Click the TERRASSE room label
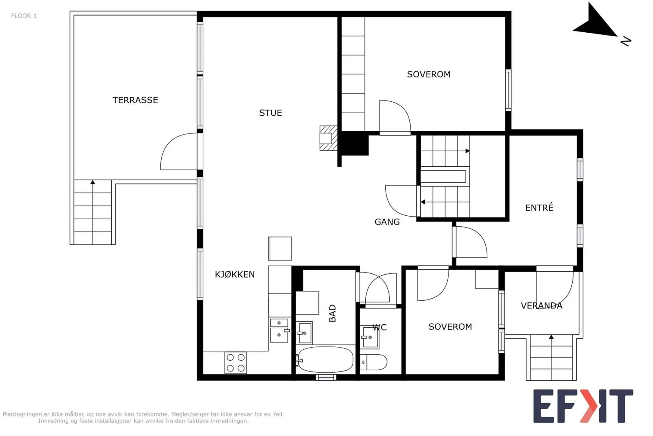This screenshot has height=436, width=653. click(x=135, y=100)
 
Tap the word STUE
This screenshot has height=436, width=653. click(x=271, y=113)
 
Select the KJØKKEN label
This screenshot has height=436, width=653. click(x=235, y=274)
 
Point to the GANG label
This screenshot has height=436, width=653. click(x=387, y=222)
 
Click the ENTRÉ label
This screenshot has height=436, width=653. click(x=539, y=208)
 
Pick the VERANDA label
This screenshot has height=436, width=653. click(x=541, y=306)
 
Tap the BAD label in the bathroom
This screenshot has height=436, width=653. click(x=332, y=313)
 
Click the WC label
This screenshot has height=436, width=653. click(x=380, y=327)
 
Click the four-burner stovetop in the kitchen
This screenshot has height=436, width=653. click(x=235, y=363)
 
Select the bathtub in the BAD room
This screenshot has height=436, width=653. click(x=325, y=360)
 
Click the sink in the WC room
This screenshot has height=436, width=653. click(x=369, y=338)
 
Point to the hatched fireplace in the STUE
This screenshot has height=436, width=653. click(x=329, y=139)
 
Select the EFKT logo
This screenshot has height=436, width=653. click(x=583, y=406)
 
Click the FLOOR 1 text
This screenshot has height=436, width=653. click(x=24, y=16)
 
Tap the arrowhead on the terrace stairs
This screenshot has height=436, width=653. click(x=93, y=182)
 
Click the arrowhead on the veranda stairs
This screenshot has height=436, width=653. click(x=551, y=337)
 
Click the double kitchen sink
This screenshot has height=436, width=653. click(x=279, y=330)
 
